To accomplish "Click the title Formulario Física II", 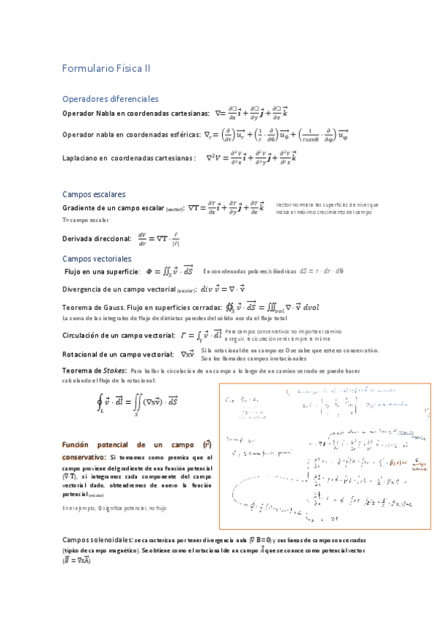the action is (x=106, y=69).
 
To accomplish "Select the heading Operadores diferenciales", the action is (x=111, y=99).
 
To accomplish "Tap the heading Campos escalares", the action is (x=95, y=194).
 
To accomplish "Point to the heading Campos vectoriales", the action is (x=97, y=258).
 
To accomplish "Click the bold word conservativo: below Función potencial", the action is (x=84, y=457).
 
